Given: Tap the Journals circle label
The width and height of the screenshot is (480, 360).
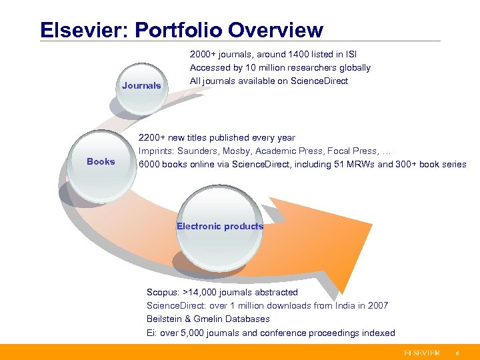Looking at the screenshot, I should (141, 85).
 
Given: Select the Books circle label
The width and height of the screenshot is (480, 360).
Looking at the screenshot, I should (101, 161).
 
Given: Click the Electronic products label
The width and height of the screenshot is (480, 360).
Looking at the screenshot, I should (220, 226).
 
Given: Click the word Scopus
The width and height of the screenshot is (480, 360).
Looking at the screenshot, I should (163, 292).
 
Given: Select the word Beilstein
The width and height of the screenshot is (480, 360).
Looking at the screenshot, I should (164, 319).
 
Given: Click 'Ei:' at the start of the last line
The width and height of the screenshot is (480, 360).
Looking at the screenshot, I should (153, 333).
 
